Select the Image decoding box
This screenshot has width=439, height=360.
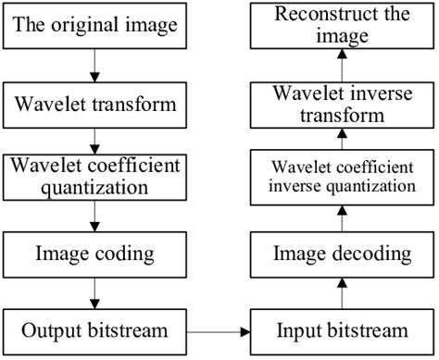[x=343, y=251]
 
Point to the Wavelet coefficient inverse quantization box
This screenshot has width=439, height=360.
[x=343, y=177]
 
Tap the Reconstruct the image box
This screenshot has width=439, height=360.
[x=343, y=25]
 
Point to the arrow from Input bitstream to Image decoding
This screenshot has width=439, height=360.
[x=343, y=291]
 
